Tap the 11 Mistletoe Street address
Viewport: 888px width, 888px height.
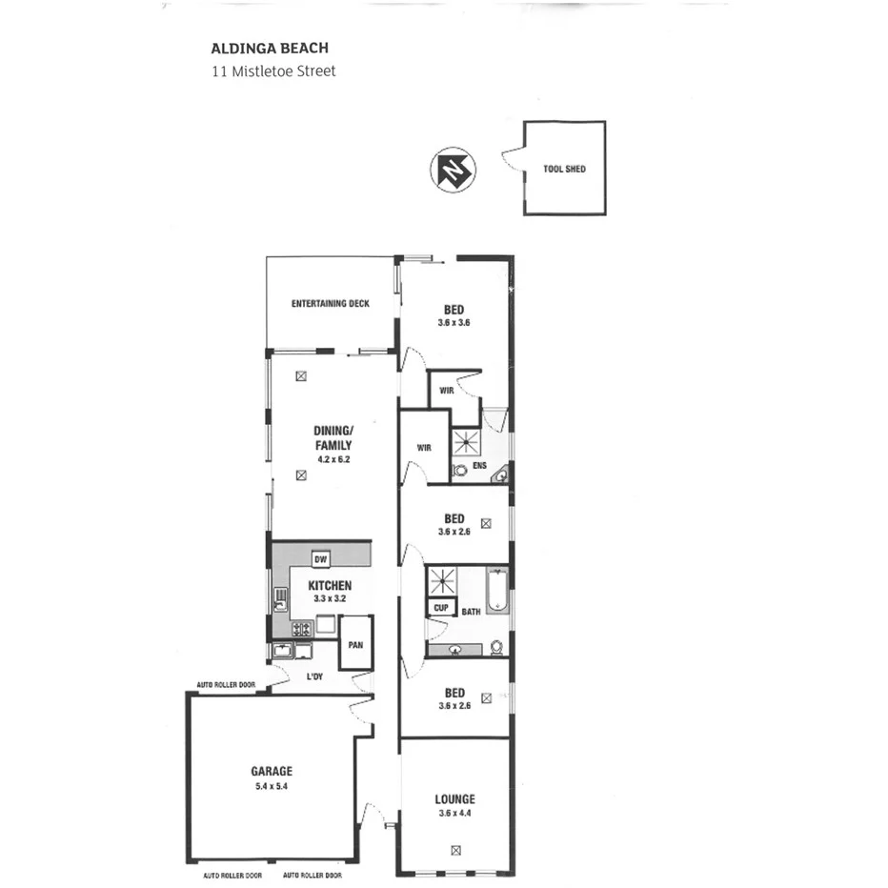[273, 71]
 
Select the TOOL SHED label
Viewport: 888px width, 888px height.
[564, 169]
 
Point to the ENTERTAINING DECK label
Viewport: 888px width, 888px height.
[330, 304]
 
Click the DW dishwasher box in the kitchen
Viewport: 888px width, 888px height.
[320, 559]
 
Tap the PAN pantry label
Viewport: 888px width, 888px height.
[355, 645]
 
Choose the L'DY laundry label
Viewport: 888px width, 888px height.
[315, 677]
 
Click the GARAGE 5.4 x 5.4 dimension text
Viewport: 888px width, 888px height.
[272, 786]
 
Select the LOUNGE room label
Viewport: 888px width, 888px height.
[454, 799]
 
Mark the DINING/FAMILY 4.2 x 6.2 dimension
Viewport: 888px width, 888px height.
[334, 459]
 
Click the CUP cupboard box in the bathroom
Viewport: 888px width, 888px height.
[440, 607]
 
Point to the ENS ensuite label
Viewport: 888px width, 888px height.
[479, 466]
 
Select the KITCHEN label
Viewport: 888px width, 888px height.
[330, 585]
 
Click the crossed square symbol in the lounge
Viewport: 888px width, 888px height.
[455, 851]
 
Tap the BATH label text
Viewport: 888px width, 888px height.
[471, 612]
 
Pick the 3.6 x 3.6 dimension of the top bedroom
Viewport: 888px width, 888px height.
[454, 323]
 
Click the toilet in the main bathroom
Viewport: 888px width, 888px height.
[496, 647]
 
